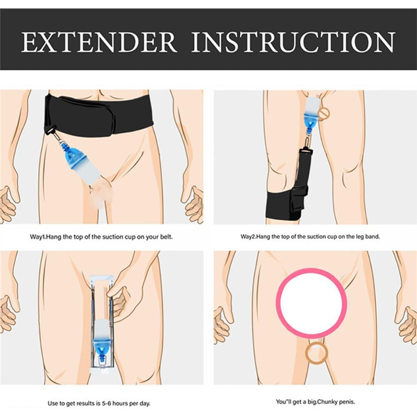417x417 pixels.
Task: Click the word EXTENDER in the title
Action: click(x=99, y=42)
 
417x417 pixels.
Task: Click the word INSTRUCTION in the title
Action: click(x=293, y=42)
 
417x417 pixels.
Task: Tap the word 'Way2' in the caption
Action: click(x=248, y=236)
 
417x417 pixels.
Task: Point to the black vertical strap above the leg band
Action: click(x=304, y=170)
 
